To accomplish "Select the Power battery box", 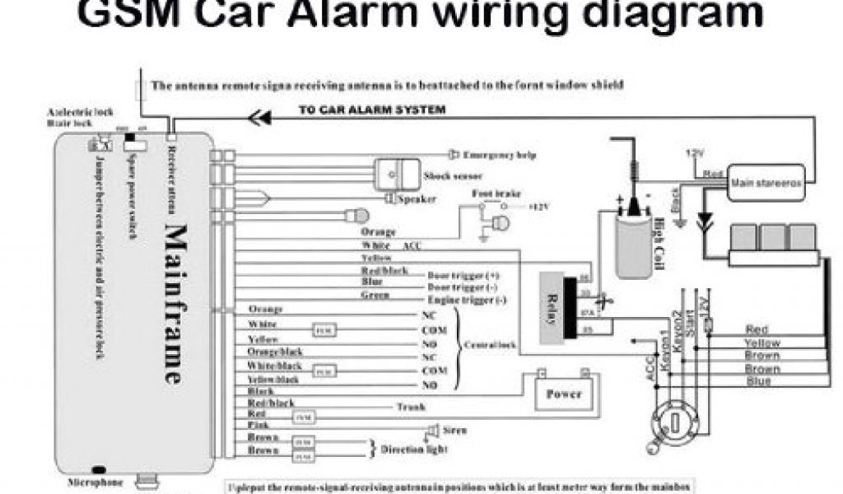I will pos(564,394).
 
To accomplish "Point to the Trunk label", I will pos(410,407).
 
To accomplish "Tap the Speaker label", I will pos(417,199).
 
